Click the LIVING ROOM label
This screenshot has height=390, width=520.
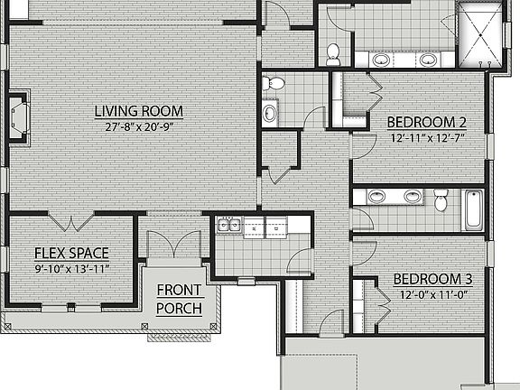click(139, 112)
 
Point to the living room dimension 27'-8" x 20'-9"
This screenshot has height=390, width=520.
click(139, 127)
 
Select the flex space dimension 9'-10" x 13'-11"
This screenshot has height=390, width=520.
click(71, 268)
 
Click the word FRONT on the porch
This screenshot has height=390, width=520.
click(180, 291)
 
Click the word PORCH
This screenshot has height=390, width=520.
click(180, 308)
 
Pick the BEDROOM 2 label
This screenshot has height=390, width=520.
click(426, 122)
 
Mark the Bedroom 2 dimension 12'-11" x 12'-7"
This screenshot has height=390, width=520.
click(426, 138)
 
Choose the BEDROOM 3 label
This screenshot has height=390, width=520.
click(435, 279)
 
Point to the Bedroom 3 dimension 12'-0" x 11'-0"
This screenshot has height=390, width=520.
click(435, 294)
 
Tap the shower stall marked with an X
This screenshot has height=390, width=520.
click(478, 33)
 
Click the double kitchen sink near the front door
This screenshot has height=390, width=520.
click(228, 227)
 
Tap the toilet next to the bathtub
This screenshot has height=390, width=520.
click(441, 199)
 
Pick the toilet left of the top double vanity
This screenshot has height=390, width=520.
click(333, 53)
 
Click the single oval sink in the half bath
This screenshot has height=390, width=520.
click(270, 114)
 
